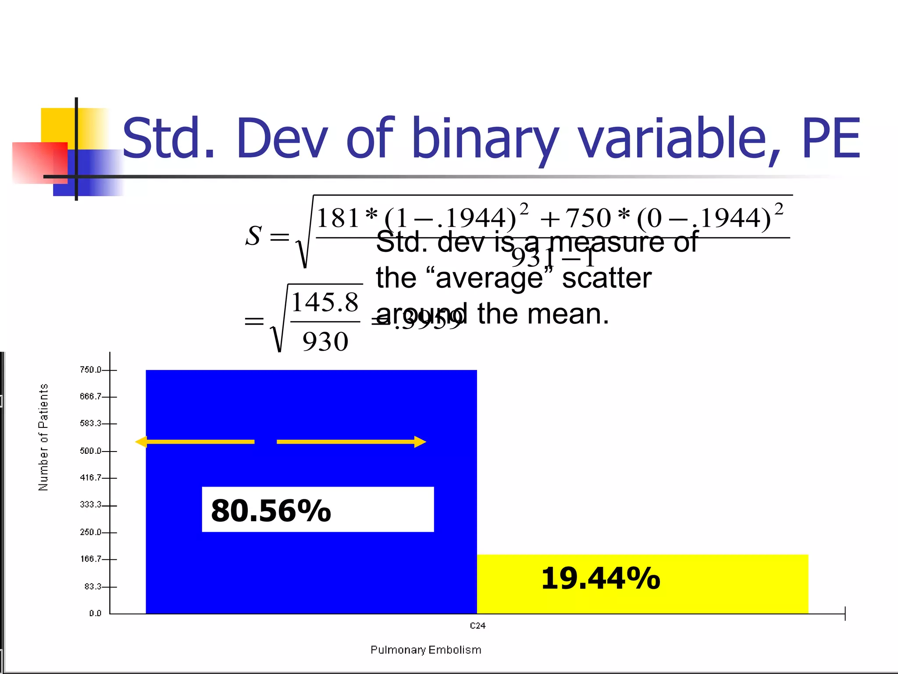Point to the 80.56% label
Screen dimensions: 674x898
click(x=271, y=510)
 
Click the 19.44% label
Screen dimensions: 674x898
click(x=600, y=578)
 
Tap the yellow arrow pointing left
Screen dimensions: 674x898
click(x=195, y=442)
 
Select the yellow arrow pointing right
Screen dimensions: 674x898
click(x=351, y=442)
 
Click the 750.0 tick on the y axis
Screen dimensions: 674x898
click(x=90, y=370)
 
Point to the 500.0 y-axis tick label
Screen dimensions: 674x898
click(x=90, y=451)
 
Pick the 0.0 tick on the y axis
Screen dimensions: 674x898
click(x=95, y=613)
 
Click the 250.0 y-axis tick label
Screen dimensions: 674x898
click(x=90, y=532)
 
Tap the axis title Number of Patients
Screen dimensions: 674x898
click(x=43, y=437)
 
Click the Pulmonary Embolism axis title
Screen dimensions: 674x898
click(x=426, y=650)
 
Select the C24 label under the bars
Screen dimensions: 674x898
click(x=478, y=626)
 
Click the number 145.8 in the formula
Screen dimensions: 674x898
click(x=325, y=303)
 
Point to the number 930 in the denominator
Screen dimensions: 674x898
click(x=325, y=341)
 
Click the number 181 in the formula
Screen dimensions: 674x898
click(x=338, y=218)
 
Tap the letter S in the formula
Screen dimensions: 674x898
click(x=254, y=236)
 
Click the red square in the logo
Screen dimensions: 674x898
click(x=39, y=162)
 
